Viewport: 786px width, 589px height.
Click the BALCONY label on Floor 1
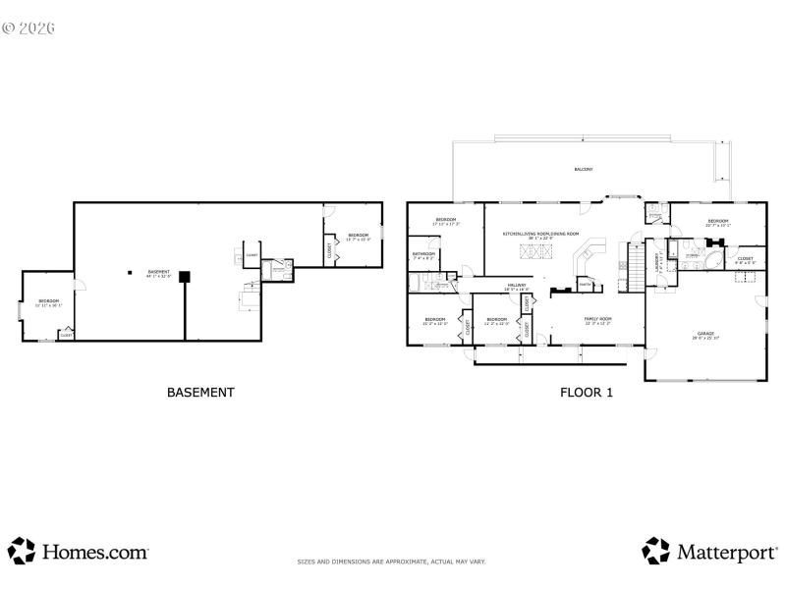coord(584,170)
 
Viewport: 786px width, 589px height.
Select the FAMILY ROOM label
coord(597,320)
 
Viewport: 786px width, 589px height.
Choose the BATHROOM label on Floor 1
coord(424,254)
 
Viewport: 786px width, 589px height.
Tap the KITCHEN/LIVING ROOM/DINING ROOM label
coord(540,235)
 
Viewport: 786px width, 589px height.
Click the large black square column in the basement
coord(184,277)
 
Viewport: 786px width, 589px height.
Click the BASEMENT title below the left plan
coord(200,393)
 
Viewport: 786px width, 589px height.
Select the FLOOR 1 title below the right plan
coord(587,393)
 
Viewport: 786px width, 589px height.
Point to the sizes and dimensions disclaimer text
coord(392,562)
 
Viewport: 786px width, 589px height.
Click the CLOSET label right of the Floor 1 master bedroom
coord(746,260)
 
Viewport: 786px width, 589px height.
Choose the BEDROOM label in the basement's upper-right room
coord(358,236)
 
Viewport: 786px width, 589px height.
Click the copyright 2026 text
coord(29,28)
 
